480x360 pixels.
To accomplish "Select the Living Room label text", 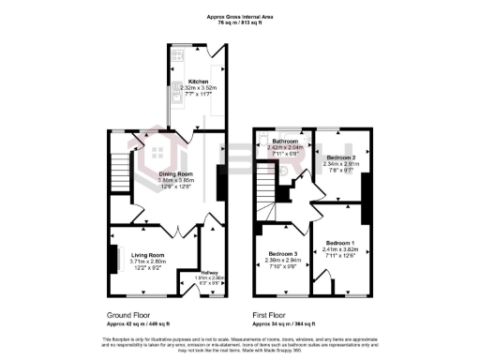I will point(147,255).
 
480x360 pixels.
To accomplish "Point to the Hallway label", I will point(209,273).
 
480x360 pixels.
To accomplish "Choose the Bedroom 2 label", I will point(341,157).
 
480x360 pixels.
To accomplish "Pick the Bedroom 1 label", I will point(341,243).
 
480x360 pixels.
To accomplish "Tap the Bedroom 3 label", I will point(282,254).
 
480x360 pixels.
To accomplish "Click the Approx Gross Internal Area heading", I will point(239,16).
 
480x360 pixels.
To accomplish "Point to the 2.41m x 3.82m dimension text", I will point(341,249).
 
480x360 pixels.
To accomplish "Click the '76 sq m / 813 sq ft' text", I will point(239,22).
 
